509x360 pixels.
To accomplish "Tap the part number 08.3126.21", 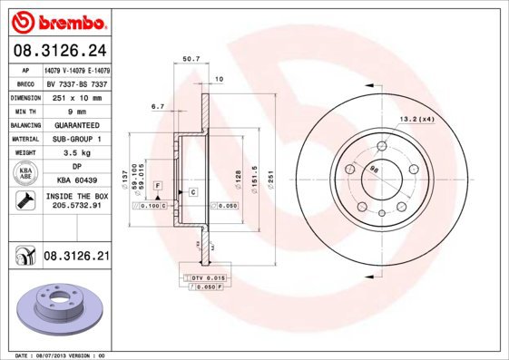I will [77, 257].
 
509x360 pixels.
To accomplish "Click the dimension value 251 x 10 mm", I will [77, 95].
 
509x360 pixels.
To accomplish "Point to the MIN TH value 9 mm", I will [77, 110].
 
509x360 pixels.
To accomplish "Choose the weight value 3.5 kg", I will [77, 152].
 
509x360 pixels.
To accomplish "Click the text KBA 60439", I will [77, 180].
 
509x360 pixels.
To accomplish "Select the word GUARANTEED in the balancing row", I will [77, 124].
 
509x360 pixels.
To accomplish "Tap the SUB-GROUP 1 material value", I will [77, 139].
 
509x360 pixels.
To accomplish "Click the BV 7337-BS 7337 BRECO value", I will [77, 82].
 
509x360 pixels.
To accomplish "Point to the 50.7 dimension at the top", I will [191, 60].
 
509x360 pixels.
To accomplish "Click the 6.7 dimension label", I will [158, 106].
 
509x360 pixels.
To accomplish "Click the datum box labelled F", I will [158, 185].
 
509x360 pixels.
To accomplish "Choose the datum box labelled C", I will [192, 192].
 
